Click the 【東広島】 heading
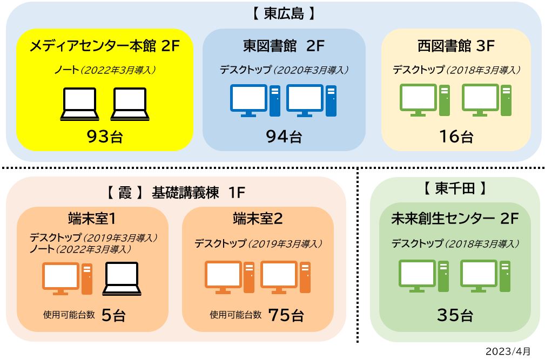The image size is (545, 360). tap(284, 14)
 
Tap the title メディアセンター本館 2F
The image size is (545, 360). tap(105, 46)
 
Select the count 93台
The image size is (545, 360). tap(105, 137)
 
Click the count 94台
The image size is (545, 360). tap(284, 137)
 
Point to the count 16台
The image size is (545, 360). tap(456, 137)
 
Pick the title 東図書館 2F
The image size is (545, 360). tap(284, 46)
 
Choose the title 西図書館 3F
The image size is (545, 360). tap(456, 46)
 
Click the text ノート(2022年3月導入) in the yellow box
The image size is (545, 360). tap(105, 70)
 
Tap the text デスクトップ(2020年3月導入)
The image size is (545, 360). tap(284, 70)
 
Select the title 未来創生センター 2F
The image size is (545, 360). tap(455, 219)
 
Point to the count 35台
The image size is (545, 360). tap(455, 315)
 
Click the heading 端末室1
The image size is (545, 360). tap(92, 219)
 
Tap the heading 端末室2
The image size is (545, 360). tap(258, 219)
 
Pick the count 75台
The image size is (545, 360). tap(286, 315)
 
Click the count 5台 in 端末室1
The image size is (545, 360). tap(113, 315)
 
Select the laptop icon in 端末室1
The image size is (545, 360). tap(122, 279)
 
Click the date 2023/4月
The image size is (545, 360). tap(508, 351)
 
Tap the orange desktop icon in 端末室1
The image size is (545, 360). tap(67, 279)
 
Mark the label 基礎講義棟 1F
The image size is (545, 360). tap(198, 192)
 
